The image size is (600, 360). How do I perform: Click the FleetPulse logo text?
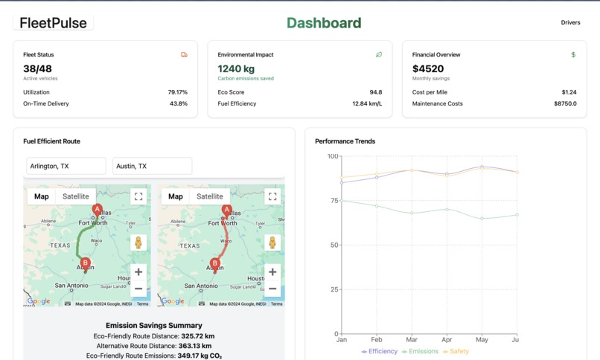pyautogui.click(x=53, y=23)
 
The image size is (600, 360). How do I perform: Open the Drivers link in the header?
pyautogui.click(x=570, y=22)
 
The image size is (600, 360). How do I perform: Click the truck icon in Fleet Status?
pyautogui.click(x=184, y=55)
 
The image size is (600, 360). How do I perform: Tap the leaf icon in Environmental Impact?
pyautogui.click(x=379, y=55)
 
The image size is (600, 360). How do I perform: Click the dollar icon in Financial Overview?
pyautogui.click(x=573, y=55)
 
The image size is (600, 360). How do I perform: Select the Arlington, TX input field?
pyautogui.click(x=66, y=166)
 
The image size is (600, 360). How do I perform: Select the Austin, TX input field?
pyautogui.click(x=152, y=166)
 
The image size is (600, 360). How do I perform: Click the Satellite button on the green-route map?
pyautogui.click(x=75, y=196)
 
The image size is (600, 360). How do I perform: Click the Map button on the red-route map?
pyautogui.click(x=176, y=196)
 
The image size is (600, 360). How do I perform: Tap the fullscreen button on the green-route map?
pyautogui.click(x=138, y=196)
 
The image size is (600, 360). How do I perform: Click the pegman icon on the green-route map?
pyautogui.click(x=138, y=242)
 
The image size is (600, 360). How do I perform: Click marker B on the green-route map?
pyautogui.click(x=86, y=263)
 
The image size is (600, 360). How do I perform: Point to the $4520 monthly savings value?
pyautogui.click(x=428, y=69)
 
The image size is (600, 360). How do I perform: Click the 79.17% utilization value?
pyautogui.click(x=177, y=92)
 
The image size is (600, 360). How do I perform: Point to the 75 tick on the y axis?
pyautogui.click(x=333, y=201)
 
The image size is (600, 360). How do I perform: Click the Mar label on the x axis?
pyautogui.click(x=412, y=340)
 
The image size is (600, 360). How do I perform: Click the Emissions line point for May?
pyautogui.click(x=482, y=218)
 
